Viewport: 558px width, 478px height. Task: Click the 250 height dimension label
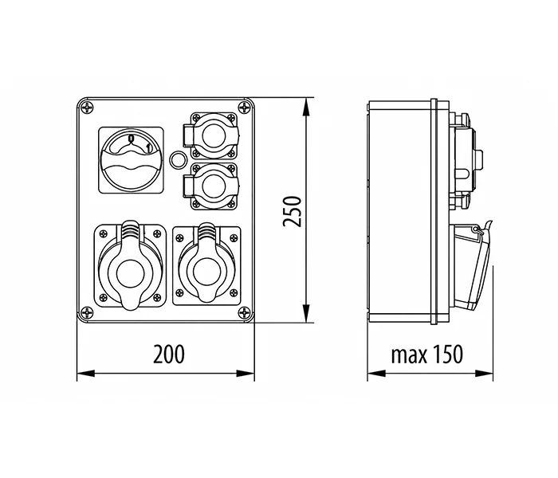click(x=293, y=210)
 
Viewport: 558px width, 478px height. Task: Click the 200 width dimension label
click(x=169, y=354)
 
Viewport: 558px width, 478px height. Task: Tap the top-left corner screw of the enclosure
click(x=87, y=107)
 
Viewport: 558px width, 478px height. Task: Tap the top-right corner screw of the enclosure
click(x=245, y=107)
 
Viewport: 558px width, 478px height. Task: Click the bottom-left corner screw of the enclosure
click(x=87, y=313)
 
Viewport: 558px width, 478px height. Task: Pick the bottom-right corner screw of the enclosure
click(x=245, y=313)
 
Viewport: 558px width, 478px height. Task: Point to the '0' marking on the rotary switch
click(x=131, y=139)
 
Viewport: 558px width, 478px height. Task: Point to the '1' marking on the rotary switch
click(x=149, y=147)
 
